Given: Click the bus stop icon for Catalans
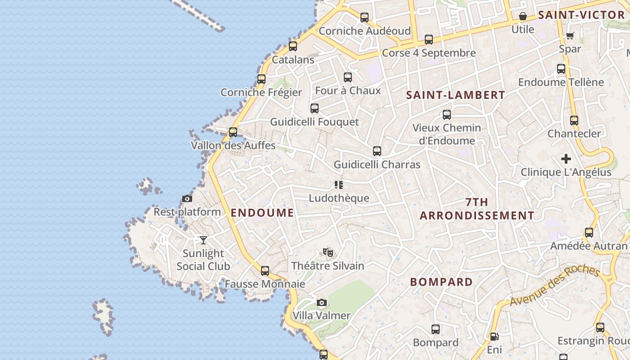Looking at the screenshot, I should point(293,46).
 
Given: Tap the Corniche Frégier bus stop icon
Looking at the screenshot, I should point(261,79).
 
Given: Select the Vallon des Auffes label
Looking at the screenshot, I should point(233,145).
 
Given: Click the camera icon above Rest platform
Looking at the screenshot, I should point(187,198).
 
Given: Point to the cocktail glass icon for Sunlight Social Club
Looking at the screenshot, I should point(203,240).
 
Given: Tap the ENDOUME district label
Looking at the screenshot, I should point(262,213).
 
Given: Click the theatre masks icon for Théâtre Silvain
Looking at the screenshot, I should point(328,252).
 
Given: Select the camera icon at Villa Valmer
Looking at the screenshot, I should point(321,302).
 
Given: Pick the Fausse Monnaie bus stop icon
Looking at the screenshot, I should point(265,271).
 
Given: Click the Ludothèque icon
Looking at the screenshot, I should point(339,185).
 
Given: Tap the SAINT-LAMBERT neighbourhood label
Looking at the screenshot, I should point(456,95).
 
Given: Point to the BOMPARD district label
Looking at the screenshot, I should point(441,282).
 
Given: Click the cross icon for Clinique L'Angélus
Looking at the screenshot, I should point(566,159).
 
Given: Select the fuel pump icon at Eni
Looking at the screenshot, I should point(494,337).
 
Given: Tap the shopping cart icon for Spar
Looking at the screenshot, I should point(570,36).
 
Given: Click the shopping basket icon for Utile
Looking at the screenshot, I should point(523,17).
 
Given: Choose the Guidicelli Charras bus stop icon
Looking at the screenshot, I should point(377,151).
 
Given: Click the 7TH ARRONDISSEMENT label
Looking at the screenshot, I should point(477,209).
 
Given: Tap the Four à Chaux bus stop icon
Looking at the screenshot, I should point(348,77).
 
